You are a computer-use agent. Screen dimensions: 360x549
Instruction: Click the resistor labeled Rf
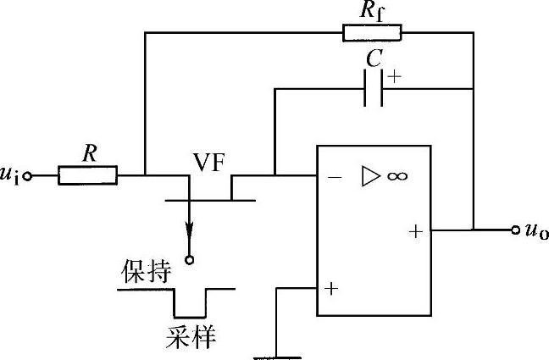(372, 33)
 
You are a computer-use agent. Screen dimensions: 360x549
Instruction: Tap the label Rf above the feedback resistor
(373, 11)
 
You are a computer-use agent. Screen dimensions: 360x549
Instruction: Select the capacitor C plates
(373, 88)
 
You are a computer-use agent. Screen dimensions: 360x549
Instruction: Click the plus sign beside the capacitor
(395, 75)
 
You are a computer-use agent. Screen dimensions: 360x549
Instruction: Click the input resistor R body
(87, 175)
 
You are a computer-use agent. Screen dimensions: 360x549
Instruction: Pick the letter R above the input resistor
(88, 153)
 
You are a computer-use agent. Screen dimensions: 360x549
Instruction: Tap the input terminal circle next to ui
(28, 176)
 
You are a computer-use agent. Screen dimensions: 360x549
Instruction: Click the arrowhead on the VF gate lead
(189, 230)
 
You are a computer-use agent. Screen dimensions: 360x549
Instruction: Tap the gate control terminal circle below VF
(189, 260)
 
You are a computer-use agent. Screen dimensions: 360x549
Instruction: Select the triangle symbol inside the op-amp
(371, 176)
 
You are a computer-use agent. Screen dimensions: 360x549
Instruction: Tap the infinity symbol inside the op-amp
(397, 176)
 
